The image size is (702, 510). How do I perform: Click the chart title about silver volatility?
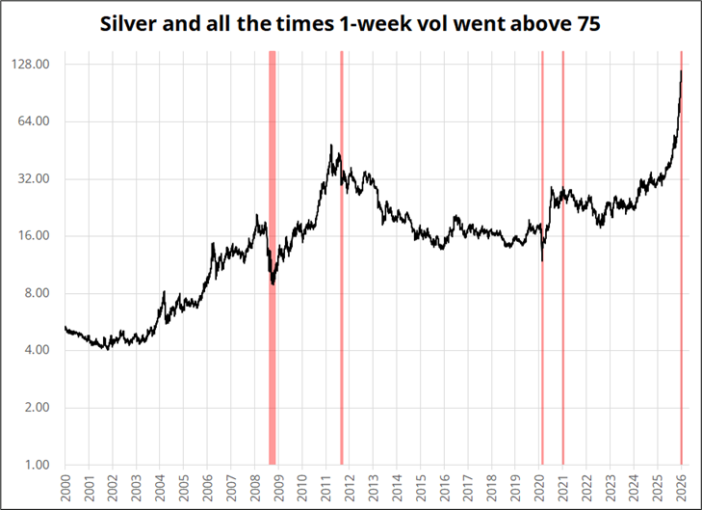tap(351, 24)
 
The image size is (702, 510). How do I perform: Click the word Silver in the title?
tap(130, 24)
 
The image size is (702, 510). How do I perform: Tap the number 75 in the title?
tap(586, 24)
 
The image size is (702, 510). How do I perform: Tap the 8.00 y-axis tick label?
tap(35, 293)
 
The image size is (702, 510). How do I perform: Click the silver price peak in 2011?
tap(331, 146)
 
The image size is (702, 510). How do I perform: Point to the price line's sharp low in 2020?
tap(542, 260)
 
